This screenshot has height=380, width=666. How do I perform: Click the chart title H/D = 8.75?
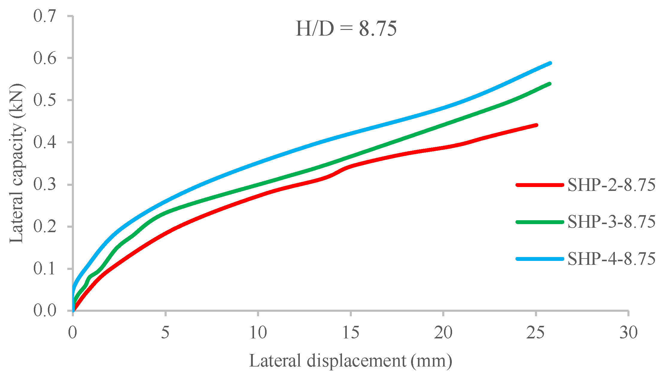coord(346,29)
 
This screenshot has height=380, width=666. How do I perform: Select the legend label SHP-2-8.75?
coord(611,185)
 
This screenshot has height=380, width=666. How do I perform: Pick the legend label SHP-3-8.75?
coord(611,222)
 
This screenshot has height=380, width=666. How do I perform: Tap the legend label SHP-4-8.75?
coord(611,259)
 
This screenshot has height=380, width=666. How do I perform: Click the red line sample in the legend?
coord(540,185)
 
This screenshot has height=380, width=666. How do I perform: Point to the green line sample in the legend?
coord(540,222)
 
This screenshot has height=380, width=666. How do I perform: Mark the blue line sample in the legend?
coord(540,259)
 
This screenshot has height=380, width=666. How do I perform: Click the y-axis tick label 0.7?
coord(45,16)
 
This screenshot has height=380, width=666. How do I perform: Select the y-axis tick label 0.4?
coord(45,142)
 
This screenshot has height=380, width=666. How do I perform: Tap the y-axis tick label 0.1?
coord(45,269)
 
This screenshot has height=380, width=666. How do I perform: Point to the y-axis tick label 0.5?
coord(45,100)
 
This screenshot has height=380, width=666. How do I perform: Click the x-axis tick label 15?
coord(350,332)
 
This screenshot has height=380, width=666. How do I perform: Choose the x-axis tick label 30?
coord(628,332)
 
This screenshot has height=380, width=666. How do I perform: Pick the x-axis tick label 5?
coord(165,332)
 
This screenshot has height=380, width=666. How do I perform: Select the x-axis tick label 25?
coord(536,332)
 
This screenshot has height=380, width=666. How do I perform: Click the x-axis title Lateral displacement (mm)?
coord(350,361)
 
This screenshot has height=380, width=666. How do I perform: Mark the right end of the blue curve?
coord(550,63)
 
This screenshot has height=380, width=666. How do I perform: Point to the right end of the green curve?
coord(550,84)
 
